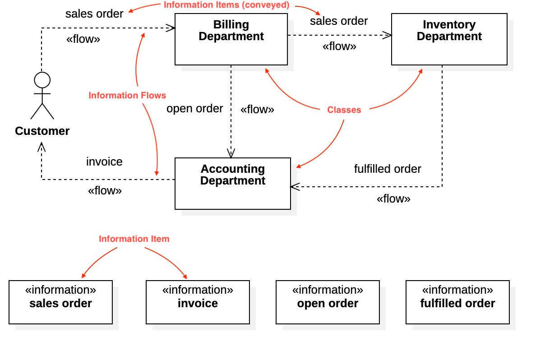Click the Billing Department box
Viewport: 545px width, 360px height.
(x=231, y=39)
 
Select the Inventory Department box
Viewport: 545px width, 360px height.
(x=449, y=39)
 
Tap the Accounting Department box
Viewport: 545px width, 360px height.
(x=232, y=184)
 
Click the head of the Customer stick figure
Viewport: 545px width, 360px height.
(x=42, y=80)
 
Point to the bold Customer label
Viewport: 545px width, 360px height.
(x=42, y=131)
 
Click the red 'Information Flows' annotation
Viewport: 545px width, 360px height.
(x=127, y=95)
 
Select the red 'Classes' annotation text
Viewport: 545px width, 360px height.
(x=344, y=110)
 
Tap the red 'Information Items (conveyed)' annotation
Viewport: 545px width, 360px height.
(x=226, y=5)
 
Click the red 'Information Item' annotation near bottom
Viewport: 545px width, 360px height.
(x=134, y=239)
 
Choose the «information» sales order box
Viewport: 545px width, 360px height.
(x=60, y=302)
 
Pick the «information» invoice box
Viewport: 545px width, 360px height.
(x=198, y=302)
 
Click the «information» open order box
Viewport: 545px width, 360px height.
(x=328, y=302)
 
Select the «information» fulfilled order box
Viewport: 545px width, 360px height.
(x=457, y=302)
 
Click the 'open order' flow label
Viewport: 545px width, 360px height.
(x=194, y=108)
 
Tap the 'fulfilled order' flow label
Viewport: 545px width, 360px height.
(x=388, y=169)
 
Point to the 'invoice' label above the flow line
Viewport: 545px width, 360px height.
(x=104, y=162)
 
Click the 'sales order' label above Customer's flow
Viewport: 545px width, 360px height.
(x=94, y=14)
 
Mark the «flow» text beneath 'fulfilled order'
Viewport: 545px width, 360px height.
(x=393, y=198)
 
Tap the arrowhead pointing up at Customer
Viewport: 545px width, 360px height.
(x=42, y=147)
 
